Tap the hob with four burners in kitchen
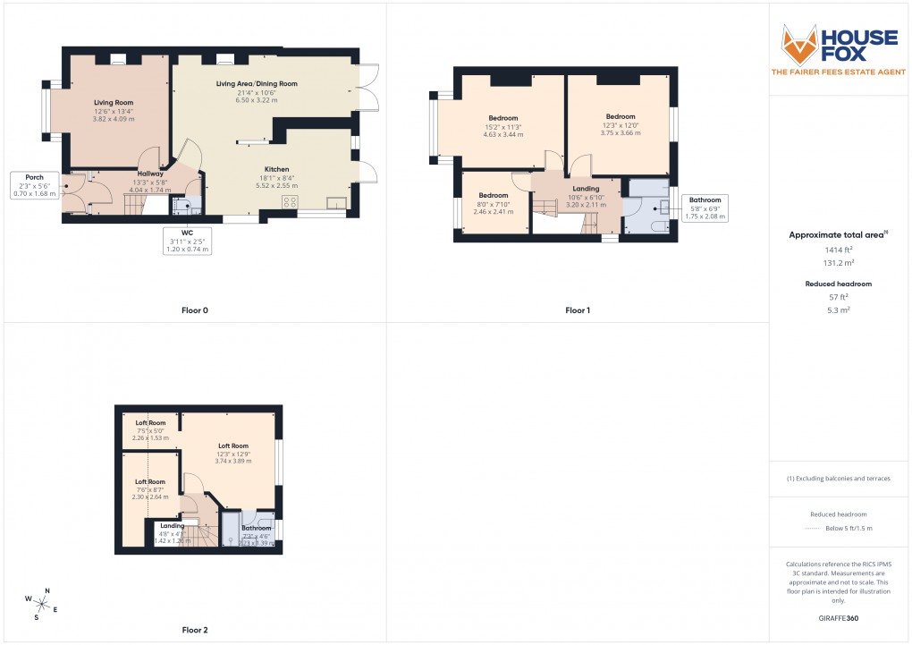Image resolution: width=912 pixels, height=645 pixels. point(290,202)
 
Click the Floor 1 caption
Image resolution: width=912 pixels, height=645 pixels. point(578,310)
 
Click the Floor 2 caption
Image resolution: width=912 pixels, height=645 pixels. point(194,630)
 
